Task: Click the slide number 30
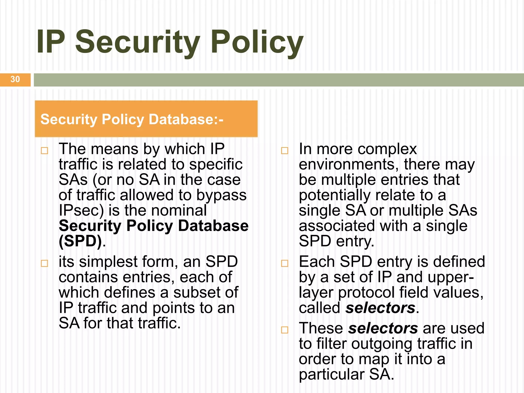[x=15, y=79]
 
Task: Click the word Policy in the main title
[x=257, y=42]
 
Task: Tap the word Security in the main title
[x=138, y=42]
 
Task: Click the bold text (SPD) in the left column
[x=80, y=241]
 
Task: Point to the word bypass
[x=221, y=195]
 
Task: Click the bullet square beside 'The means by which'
[x=45, y=150]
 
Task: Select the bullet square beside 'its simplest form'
[x=45, y=263]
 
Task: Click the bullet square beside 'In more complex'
[x=285, y=150]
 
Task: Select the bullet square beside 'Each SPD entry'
[x=285, y=263]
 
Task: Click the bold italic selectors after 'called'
[x=380, y=308]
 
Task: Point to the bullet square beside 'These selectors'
[x=285, y=330]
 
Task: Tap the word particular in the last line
[x=332, y=375]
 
